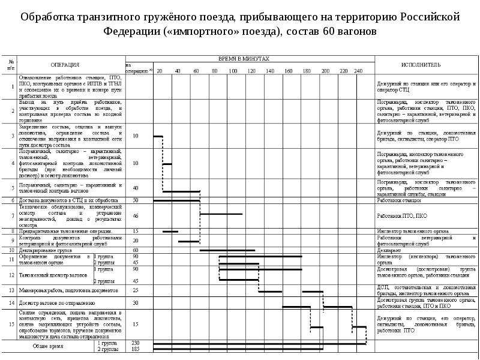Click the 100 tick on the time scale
click(x=232, y=71)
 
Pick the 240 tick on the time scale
click(x=359, y=71)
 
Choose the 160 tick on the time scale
click(x=288, y=71)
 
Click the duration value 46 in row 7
click(x=136, y=215)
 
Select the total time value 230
click(x=136, y=342)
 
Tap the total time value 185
click(x=136, y=348)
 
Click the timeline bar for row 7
click(x=221, y=214)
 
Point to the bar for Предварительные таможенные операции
click(x=170, y=232)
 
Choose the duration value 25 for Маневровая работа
click(x=136, y=290)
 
